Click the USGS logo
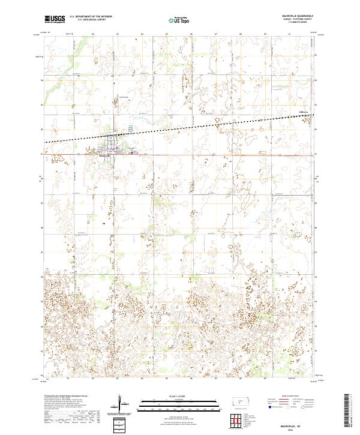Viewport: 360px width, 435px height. coord(55,19)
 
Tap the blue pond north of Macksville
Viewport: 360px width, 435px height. coord(132,128)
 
